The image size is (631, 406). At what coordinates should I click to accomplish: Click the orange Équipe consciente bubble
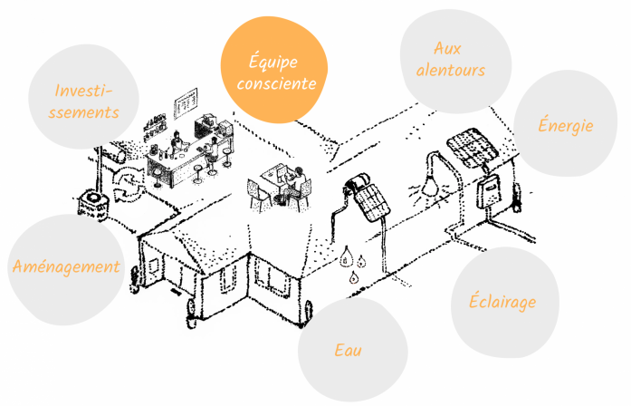click(x=274, y=69)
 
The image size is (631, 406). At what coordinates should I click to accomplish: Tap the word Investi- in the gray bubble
click(x=83, y=91)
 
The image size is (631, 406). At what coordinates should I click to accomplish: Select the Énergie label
click(x=566, y=124)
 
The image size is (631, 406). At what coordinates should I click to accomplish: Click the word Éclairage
click(x=502, y=301)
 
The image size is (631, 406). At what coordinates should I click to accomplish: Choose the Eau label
click(x=349, y=350)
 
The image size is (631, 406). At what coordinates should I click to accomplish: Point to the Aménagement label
click(x=66, y=266)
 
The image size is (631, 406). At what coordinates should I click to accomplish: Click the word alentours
click(x=451, y=70)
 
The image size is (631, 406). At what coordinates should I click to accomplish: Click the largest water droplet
click(x=345, y=257)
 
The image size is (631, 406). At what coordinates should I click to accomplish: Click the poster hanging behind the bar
click(x=186, y=103)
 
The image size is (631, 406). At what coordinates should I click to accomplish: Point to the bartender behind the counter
click(x=177, y=143)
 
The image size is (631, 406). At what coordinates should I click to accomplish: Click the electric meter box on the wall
click(x=490, y=191)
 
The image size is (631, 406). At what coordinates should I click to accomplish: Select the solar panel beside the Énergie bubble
click(x=473, y=148)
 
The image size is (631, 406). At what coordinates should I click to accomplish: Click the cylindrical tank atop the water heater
click(x=358, y=181)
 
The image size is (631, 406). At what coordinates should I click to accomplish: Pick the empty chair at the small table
click(x=258, y=194)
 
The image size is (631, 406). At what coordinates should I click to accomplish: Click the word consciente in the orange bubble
click(x=276, y=83)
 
